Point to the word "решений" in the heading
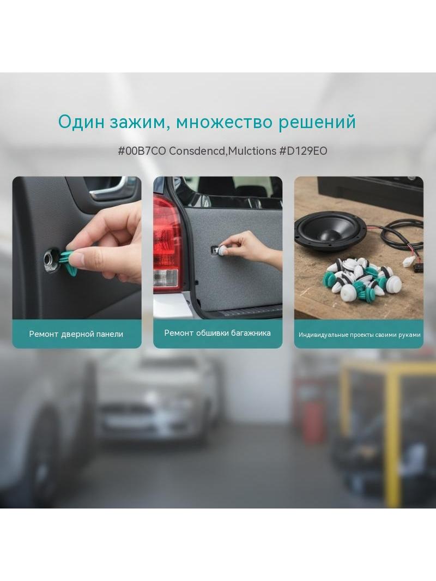[317, 123]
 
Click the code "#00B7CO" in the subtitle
[142, 151]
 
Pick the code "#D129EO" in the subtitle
[303, 151]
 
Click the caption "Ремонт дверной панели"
[76, 334]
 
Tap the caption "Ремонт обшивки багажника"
[217, 333]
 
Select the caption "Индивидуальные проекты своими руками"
[359, 335]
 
